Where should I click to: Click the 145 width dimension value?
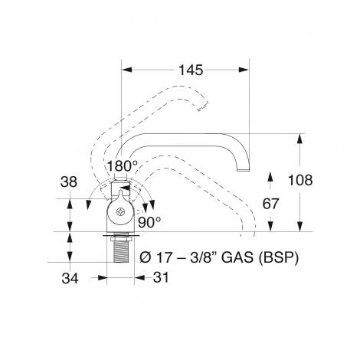pos(191,70)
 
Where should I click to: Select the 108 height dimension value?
pos(300,180)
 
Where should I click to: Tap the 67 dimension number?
pos(270,204)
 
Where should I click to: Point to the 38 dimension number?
pos(69,182)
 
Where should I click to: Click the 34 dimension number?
pos(70,278)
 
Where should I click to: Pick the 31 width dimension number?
pos(161,277)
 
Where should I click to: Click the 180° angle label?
pos(123,166)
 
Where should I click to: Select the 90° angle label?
pos(149,223)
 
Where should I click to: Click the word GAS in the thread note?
pos(237,258)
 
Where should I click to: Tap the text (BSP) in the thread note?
pos(279,258)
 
